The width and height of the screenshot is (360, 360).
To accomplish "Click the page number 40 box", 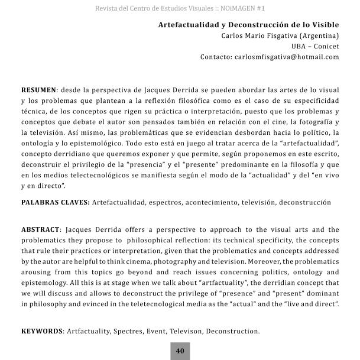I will [x=180, y=351].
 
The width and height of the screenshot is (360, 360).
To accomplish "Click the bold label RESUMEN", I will [x=38, y=90].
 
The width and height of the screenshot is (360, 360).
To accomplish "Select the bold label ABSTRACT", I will [x=40, y=229].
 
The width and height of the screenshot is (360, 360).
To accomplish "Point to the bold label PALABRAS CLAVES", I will [x=55, y=202].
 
